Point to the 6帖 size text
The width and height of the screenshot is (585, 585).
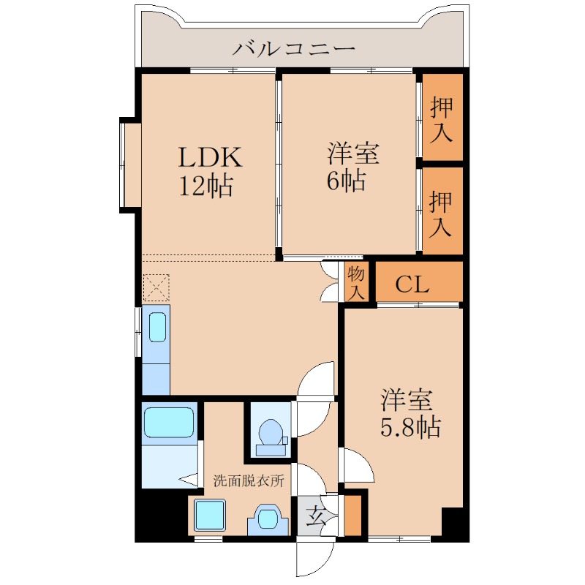345,180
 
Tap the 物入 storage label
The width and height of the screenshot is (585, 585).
356,284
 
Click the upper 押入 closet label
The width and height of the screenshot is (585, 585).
442,119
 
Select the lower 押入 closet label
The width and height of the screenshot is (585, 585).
442,213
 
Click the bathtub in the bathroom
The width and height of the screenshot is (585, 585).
168,422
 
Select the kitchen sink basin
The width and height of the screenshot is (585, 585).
157,326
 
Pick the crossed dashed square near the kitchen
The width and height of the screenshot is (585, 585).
156,287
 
